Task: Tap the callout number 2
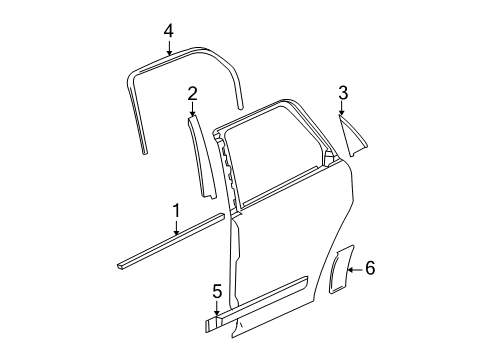191,94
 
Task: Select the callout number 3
343,94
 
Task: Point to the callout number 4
168,31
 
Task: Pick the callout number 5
216,292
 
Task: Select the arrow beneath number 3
343,112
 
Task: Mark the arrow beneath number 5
216,311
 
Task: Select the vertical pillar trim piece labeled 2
198,155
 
